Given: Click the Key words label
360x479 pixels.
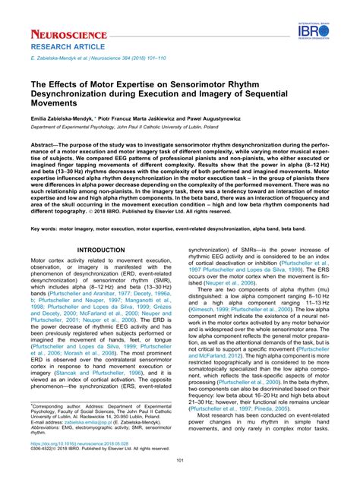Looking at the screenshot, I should [x=44, y=227].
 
